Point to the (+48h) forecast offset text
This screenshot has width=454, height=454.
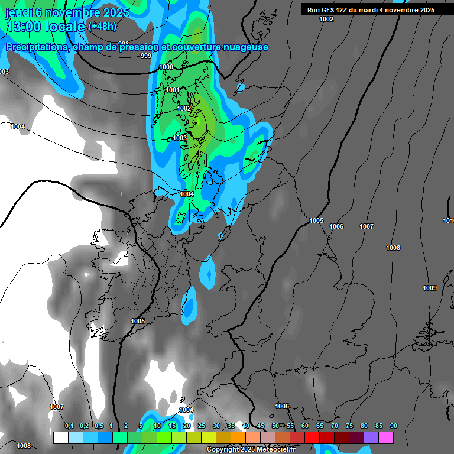pos(102,26)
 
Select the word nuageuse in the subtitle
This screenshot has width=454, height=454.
pos(245,47)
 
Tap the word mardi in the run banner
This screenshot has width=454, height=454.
pos(368,10)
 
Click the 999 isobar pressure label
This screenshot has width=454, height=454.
pos(146,56)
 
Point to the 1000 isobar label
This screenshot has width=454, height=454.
pos(167,67)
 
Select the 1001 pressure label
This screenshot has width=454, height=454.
pos(173,90)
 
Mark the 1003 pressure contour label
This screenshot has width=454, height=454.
pos(180,138)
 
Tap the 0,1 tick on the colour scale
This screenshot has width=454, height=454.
pos(69,426)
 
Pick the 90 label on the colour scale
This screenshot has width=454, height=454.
pos(393,426)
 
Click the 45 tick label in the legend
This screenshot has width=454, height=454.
pos(261,426)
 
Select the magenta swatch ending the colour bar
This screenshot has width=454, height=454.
pos(386,438)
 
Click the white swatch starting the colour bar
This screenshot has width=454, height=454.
pos(60,438)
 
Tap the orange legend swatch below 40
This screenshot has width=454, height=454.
pos(238,438)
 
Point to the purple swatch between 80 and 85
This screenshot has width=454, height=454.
pos(371,438)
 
